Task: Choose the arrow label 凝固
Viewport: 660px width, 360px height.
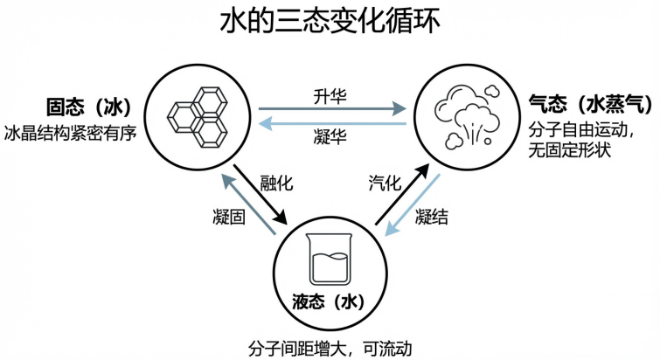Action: click(229, 216)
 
